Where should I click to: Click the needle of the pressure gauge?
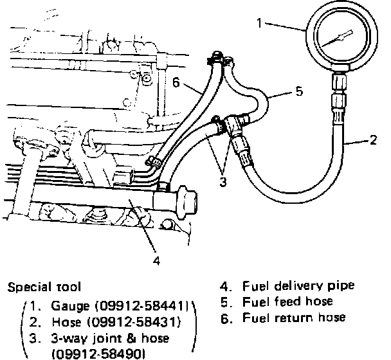[336, 39]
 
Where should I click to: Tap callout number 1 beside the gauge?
[260, 23]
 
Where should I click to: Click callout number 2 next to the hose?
[373, 139]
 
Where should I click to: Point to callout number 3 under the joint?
[223, 181]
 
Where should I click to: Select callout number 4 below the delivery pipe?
[156, 260]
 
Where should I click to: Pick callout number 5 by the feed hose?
[299, 91]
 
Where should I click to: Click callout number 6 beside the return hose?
[176, 82]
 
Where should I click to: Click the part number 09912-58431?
[133, 322]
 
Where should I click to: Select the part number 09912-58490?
[98, 354]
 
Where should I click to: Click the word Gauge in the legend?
[70, 306]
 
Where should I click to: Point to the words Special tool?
[44, 287]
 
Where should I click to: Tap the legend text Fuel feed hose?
[287, 301]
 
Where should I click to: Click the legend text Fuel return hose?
[294, 318]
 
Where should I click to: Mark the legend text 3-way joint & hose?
[110, 339]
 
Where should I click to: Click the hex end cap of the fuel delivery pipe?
[186, 203]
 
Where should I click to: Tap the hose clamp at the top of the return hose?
[214, 59]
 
